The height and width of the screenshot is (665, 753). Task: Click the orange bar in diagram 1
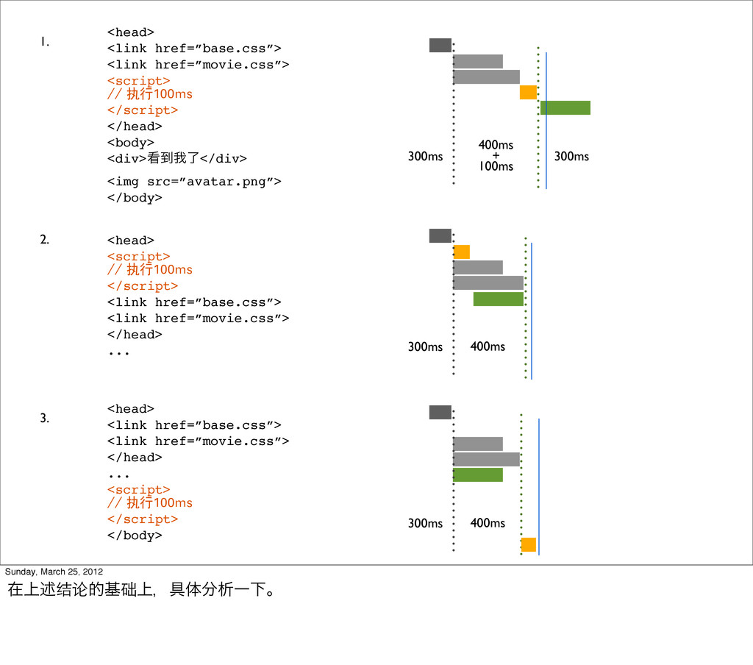pyautogui.click(x=528, y=92)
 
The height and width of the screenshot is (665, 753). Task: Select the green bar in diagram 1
pyautogui.click(x=565, y=107)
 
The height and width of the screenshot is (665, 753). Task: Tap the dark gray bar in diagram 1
pyautogui.click(x=440, y=45)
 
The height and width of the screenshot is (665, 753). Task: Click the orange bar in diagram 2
pyautogui.click(x=461, y=252)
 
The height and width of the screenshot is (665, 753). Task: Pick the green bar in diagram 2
pyautogui.click(x=498, y=299)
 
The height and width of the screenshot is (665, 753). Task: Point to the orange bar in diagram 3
pyautogui.click(x=528, y=544)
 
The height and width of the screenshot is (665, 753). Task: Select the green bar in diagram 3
pyautogui.click(x=478, y=474)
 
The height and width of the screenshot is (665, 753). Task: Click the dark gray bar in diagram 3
pyautogui.click(x=440, y=412)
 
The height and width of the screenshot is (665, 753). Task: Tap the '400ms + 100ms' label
pyautogui.click(x=496, y=156)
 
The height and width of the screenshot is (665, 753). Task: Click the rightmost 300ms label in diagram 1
pyautogui.click(x=571, y=156)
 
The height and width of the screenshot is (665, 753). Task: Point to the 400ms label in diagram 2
pyautogui.click(x=488, y=346)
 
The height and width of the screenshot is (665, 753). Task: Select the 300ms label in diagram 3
pyautogui.click(x=425, y=523)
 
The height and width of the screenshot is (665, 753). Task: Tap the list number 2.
pyautogui.click(x=45, y=239)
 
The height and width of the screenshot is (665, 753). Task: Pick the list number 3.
pyautogui.click(x=45, y=419)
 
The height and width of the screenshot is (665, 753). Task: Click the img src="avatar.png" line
pyautogui.click(x=194, y=182)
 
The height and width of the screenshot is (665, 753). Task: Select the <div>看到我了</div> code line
pyautogui.click(x=177, y=158)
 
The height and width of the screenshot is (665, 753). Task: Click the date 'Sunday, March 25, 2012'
pyautogui.click(x=54, y=572)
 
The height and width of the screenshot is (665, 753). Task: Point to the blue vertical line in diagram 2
pyautogui.click(x=531, y=309)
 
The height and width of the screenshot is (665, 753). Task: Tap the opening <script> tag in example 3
pyautogui.click(x=139, y=489)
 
